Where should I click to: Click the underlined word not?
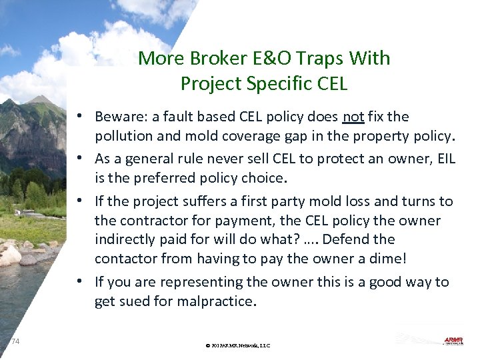point(353,117)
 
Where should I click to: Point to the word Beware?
point(118,117)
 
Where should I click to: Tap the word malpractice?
point(215,301)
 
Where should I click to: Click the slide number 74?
point(15,341)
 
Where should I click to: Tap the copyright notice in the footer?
point(238,345)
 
